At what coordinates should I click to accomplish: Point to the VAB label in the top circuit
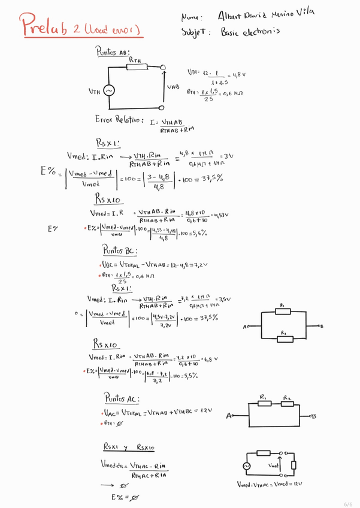174,87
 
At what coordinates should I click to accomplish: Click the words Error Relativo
117,120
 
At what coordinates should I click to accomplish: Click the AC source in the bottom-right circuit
247,465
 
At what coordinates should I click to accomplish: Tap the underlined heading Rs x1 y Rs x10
130,447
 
